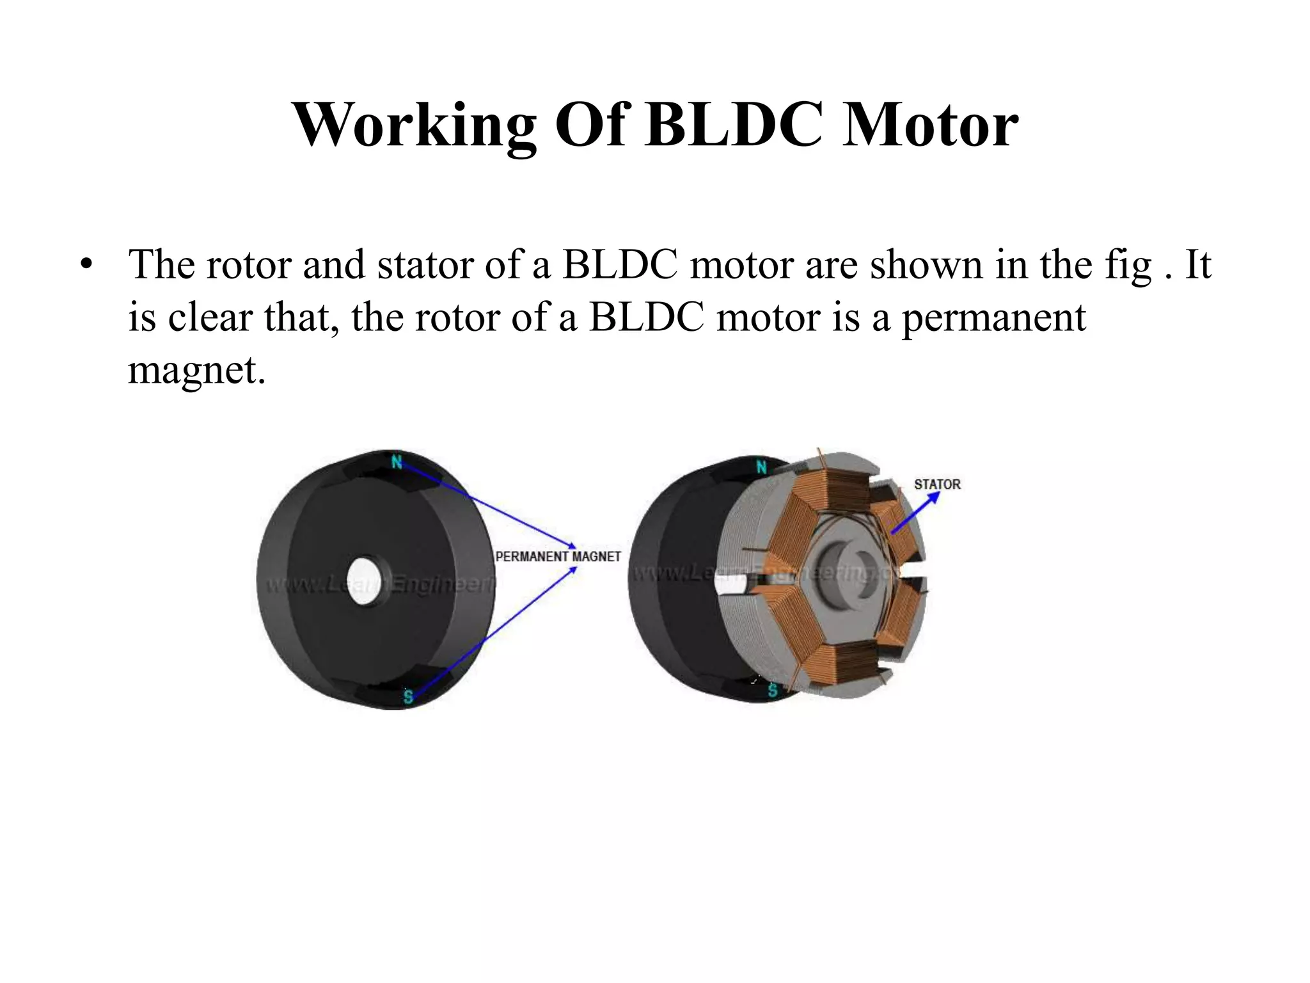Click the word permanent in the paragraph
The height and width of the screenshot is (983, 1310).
(993, 317)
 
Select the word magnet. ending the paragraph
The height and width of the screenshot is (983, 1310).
(196, 370)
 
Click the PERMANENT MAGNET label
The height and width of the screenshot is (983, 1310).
(558, 557)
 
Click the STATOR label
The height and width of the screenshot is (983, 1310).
(937, 484)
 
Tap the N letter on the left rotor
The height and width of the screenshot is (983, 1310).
(397, 461)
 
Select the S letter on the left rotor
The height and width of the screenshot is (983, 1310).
(408, 697)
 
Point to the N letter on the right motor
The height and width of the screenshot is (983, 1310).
(761, 467)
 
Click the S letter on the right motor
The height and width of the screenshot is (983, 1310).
(773, 690)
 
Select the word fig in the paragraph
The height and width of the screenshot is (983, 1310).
(1128, 266)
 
